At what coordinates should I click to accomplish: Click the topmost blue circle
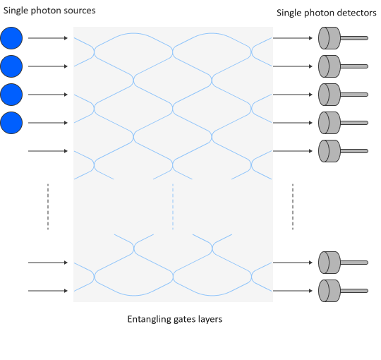click(11, 38)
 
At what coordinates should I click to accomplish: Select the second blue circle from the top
click(11, 66)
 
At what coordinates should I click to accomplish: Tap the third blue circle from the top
click(11, 95)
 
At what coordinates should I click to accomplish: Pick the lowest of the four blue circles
click(11, 123)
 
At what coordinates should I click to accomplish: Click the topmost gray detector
click(329, 38)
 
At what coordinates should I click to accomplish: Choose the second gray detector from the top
click(329, 66)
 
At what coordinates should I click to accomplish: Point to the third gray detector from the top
click(329, 95)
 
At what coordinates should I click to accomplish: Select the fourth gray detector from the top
click(329, 123)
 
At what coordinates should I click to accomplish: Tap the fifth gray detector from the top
click(329, 151)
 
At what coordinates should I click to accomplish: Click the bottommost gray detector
click(329, 291)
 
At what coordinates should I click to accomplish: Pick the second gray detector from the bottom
click(329, 263)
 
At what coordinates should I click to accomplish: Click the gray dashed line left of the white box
click(48, 206)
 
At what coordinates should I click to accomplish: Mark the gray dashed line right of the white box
click(293, 206)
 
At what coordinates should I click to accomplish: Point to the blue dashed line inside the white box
click(173, 206)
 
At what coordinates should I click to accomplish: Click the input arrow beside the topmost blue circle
click(48, 38)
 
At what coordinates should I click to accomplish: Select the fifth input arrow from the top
click(48, 151)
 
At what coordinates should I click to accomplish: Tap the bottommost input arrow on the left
click(48, 291)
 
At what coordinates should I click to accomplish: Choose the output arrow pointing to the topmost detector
click(293, 38)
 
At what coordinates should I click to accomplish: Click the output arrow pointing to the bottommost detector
click(293, 291)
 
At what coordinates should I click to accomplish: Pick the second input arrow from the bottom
click(48, 263)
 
